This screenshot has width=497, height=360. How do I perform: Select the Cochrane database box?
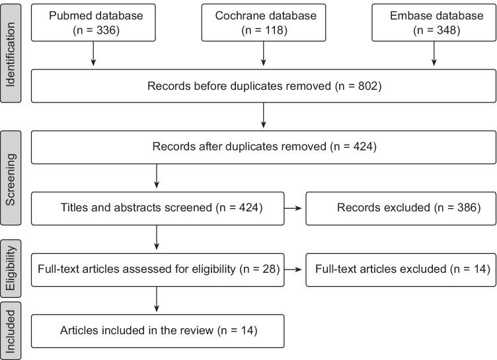tap(264, 22)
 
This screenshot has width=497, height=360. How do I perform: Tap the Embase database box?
tap(434, 22)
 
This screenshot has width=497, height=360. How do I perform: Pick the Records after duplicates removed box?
tap(264, 146)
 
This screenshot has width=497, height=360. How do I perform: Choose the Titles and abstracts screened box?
tap(157, 207)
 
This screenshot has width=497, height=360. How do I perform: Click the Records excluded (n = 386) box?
tap(401, 207)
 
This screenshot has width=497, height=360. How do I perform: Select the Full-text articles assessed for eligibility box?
tap(157, 269)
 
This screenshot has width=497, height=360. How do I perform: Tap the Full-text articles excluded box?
tap(401, 269)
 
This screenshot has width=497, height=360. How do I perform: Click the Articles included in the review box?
tap(157, 330)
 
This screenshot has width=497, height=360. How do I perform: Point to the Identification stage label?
tap(11, 52)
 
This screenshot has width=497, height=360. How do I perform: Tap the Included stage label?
tap(11, 330)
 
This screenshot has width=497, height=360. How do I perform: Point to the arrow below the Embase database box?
tap(434, 54)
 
